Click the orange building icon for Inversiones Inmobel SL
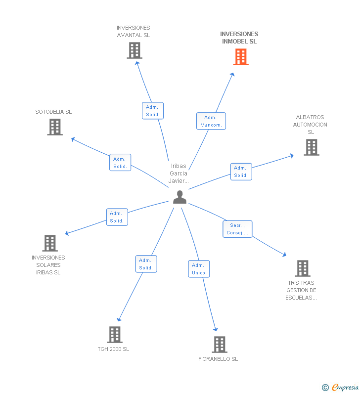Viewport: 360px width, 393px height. (240, 57)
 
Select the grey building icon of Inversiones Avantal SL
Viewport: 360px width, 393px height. (135, 50)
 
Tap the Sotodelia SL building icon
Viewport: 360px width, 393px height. (55, 127)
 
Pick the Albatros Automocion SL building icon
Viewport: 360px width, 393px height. (311, 147)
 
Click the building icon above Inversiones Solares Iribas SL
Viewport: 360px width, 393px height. (50, 243)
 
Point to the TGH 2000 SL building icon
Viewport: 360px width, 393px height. (115, 335)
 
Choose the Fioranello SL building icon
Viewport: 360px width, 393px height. (219, 345)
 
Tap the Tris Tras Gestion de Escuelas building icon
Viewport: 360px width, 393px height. (302, 268)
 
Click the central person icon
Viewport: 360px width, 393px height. (180, 197)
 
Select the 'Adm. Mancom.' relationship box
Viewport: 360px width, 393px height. (211, 121)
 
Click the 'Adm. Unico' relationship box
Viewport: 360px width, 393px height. (199, 269)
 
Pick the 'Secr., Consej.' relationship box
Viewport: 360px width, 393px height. (237, 229)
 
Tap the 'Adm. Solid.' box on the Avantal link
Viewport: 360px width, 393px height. (152, 111)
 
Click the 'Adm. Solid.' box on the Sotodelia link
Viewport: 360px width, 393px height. (120, 163)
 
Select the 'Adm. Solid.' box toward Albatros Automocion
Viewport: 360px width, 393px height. (241, 172)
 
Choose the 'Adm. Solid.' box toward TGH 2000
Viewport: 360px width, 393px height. (146, 264)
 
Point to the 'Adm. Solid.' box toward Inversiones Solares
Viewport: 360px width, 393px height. (117, 217)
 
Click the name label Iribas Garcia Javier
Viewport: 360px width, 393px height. (179, 174)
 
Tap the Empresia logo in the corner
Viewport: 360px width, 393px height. (341, 388)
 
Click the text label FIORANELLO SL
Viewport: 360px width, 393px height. (218, 359)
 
